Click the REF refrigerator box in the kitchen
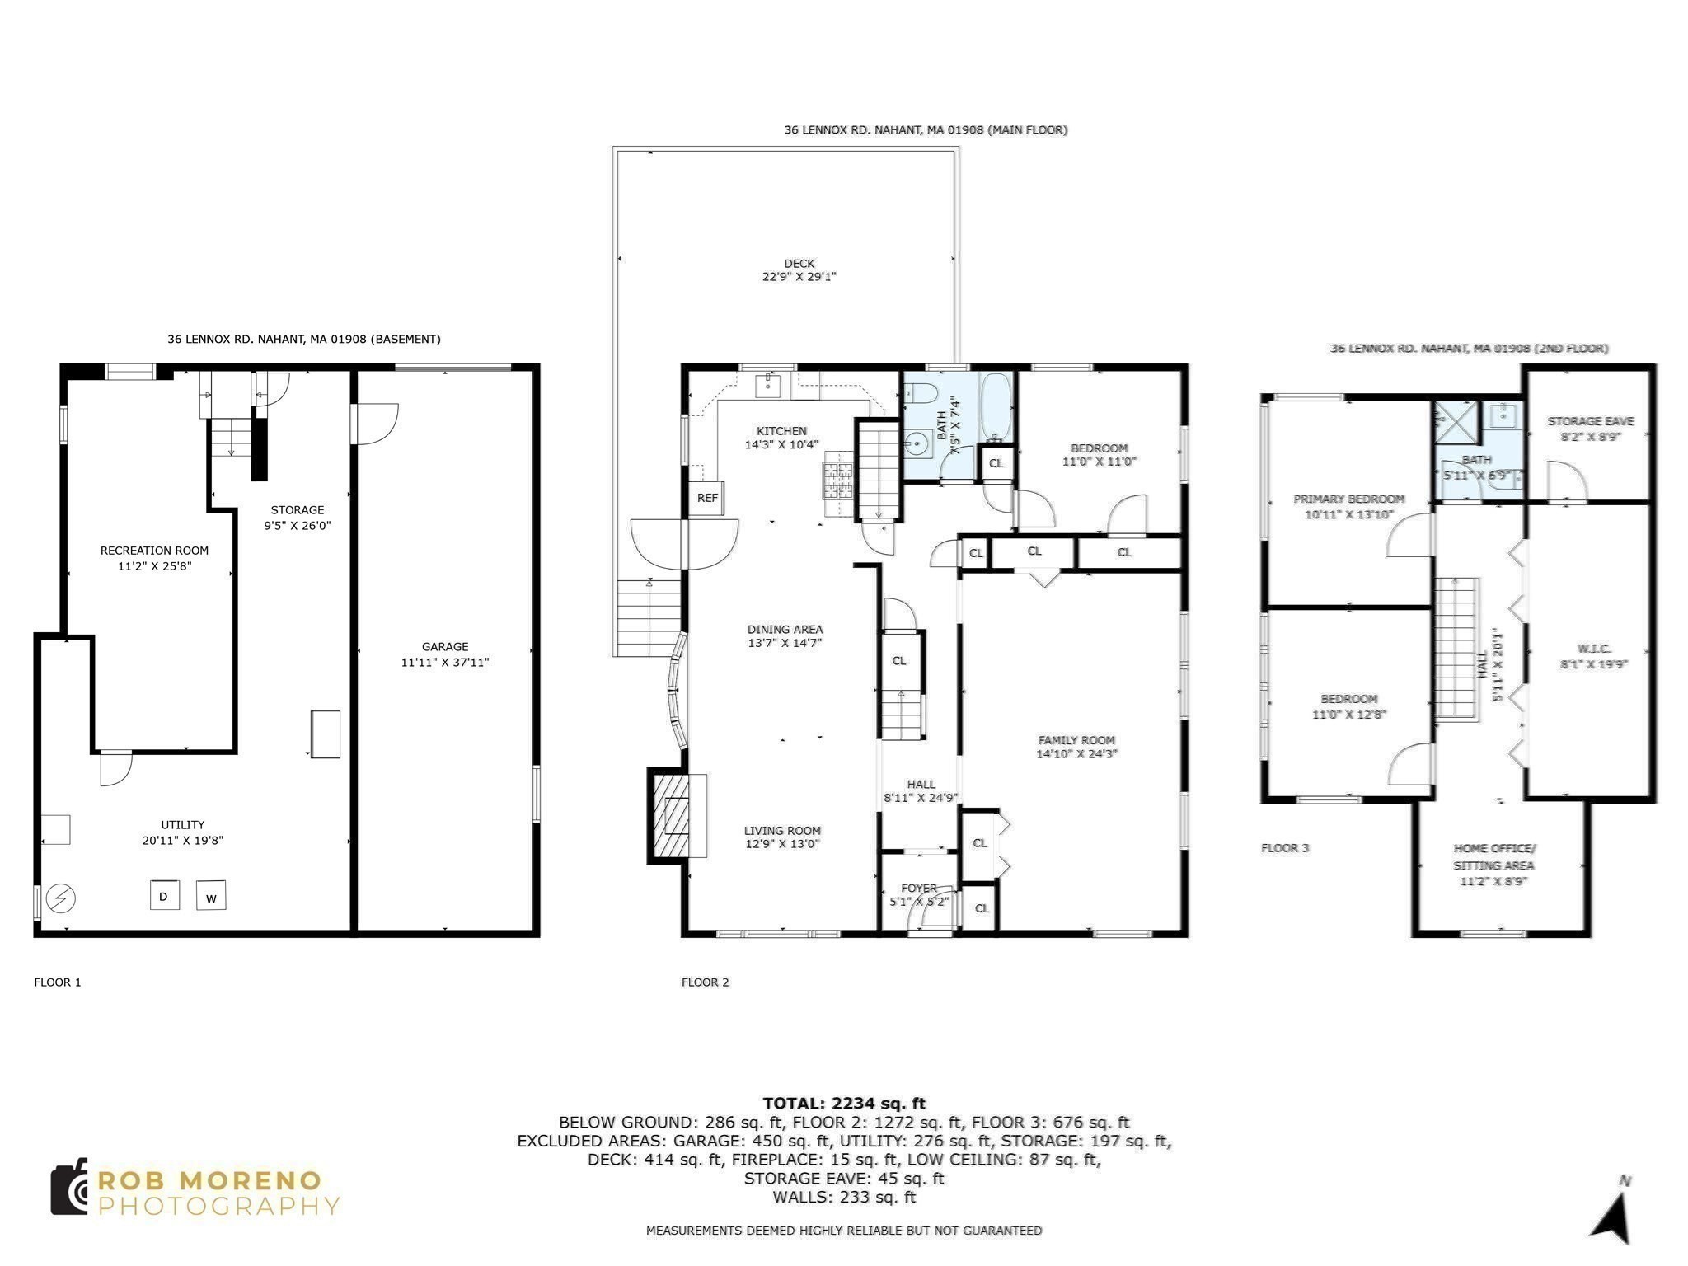click(706, 498)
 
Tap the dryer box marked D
click(164, 896)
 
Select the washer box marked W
click(211, 897)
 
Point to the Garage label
click(445, 647)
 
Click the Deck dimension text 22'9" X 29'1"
click(799, 277)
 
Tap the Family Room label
click(1076, 740)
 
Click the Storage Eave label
click(1590, 421)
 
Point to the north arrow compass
click(1612, 1217)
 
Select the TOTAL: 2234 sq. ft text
click(843, 1103)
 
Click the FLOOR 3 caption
click(1284, 848)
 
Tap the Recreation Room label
click(154, 551)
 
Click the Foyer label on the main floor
click(918, 888)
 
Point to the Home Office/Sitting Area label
click(1493, 856)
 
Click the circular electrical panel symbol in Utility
click(60, 898)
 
